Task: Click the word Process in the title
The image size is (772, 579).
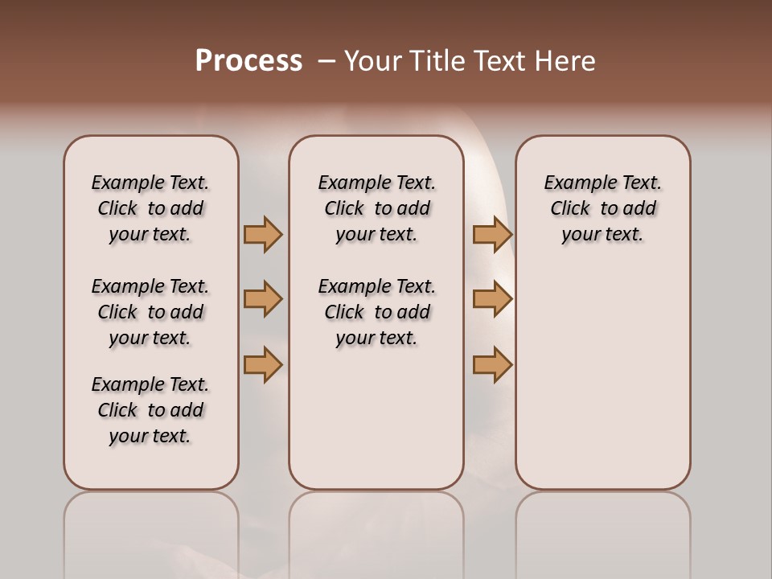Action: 248,60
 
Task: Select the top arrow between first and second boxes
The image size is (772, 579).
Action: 263,234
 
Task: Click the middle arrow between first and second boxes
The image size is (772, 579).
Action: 263,299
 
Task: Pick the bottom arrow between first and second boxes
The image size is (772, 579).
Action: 263,364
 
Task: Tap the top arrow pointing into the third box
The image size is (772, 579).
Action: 492,234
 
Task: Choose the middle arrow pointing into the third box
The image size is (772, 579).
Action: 492,299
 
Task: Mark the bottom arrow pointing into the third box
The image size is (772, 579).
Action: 492,364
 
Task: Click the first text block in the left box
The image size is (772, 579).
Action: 150,208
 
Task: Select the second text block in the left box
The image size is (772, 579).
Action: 150,312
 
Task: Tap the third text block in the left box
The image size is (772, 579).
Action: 150,410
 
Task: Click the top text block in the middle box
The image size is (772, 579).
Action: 376,208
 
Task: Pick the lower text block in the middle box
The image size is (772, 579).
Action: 376,312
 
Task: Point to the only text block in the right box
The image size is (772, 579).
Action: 602,208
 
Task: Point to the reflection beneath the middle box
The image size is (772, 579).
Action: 376,531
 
